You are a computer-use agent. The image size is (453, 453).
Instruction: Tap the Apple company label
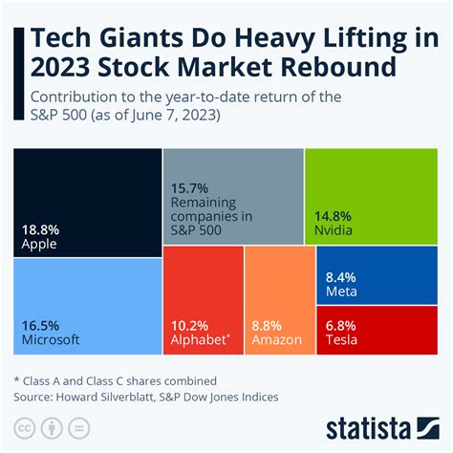(39, 244)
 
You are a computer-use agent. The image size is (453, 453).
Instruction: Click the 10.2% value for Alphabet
(189, 324)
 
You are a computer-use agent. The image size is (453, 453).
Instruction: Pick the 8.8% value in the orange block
(269, 324)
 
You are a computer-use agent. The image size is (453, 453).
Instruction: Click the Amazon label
(277, 339)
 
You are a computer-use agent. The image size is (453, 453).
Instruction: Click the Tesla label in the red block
(343, 339)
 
